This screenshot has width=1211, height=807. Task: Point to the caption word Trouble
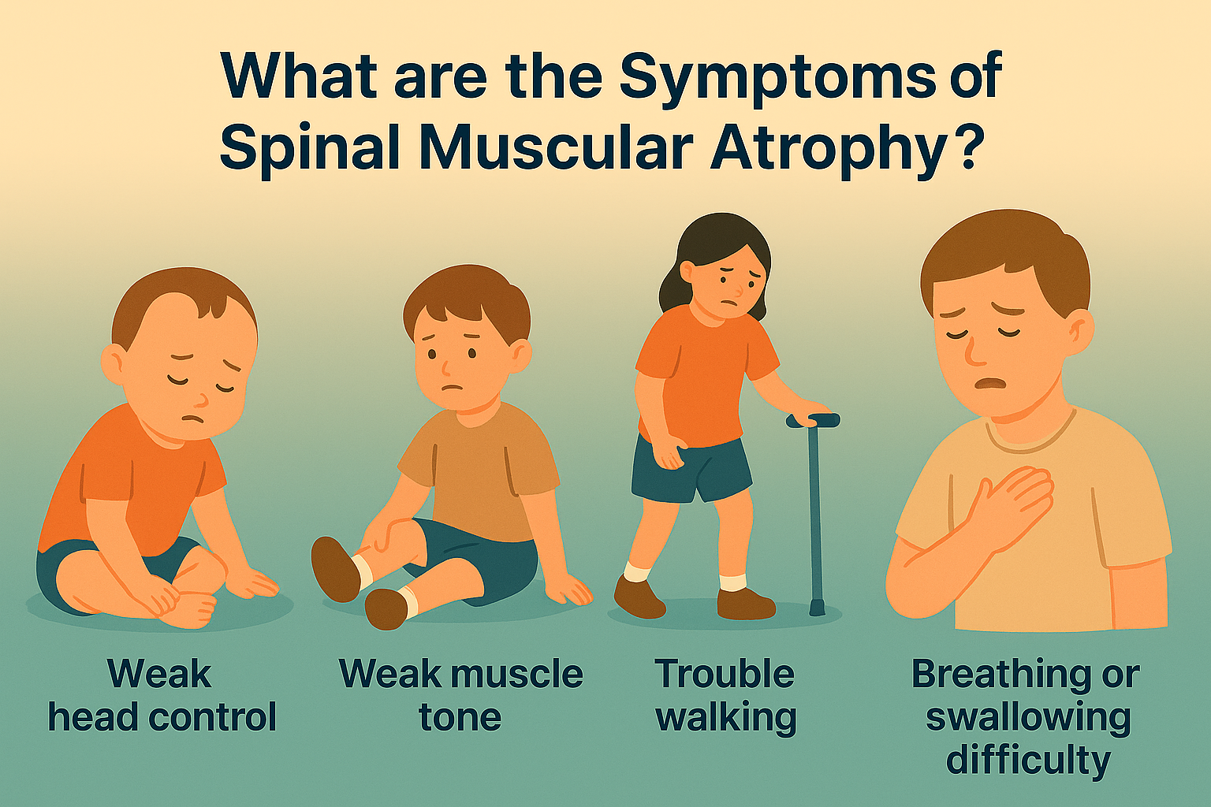725,675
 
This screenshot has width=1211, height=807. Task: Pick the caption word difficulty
1028,761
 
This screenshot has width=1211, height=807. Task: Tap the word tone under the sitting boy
460,717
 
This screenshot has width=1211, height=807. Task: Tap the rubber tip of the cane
818,608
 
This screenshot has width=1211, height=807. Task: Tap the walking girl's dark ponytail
672,288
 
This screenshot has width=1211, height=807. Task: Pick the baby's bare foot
189,609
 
